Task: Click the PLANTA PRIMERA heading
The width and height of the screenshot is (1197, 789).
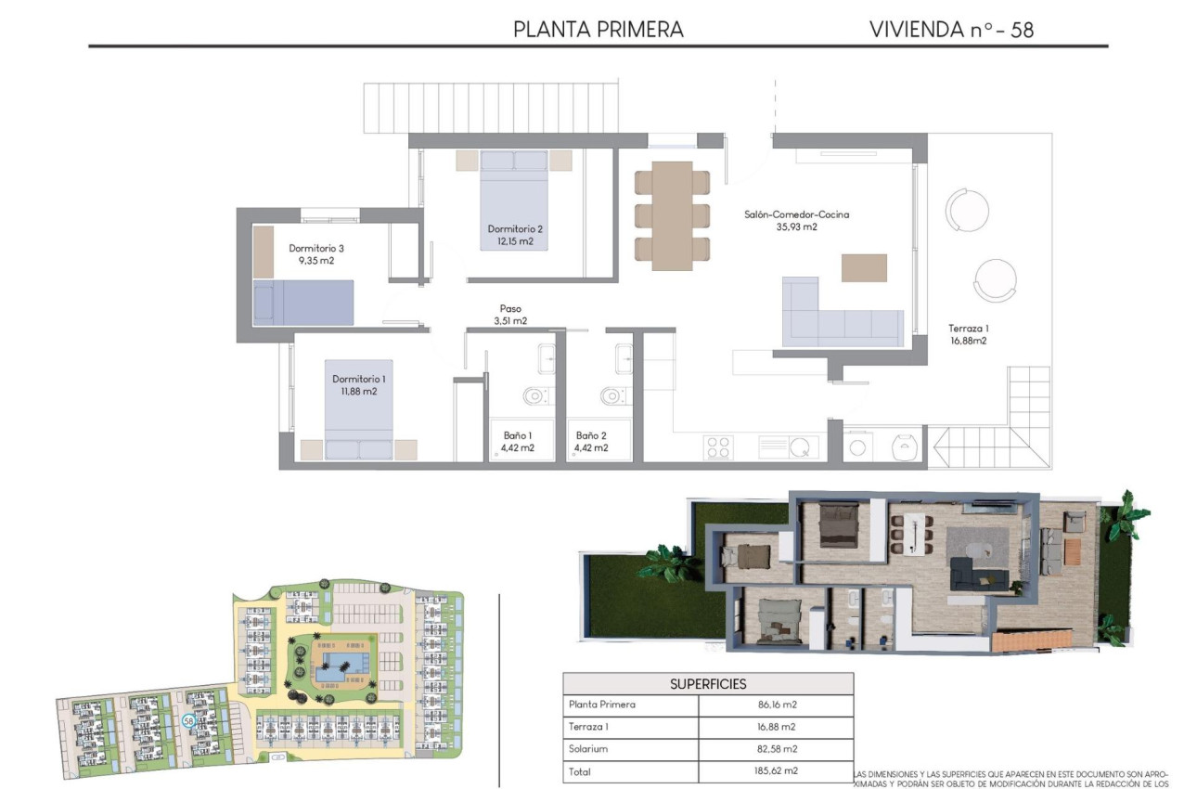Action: [598, 30]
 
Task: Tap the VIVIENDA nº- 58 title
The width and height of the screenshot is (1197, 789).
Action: [951, 30]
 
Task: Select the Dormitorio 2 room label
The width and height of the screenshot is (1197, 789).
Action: [515, 229]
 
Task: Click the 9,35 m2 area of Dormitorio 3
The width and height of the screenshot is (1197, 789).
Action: [315, 262]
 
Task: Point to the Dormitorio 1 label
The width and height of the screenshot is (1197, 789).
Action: [359, 379]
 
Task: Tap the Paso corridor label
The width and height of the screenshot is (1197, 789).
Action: [510, 309]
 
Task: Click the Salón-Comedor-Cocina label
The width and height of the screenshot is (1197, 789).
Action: [796, 214]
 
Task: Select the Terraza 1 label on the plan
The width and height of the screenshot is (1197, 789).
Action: [968, 328]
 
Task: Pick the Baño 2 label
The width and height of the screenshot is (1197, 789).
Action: [591, 435]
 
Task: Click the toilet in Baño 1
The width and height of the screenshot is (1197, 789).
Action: [534, 397]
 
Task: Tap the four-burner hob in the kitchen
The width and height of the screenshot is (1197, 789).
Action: [719, 446]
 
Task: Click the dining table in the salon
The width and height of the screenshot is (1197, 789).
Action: [672, 216]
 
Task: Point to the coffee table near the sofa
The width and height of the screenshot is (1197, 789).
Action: [864, 267]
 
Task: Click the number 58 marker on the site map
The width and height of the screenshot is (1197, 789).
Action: [188, 720]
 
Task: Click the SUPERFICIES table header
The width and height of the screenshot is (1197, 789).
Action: [708, 684]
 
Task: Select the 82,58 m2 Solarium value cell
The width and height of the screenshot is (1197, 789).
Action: [776, 749]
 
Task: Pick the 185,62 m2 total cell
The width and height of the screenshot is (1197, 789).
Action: [776, 771]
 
